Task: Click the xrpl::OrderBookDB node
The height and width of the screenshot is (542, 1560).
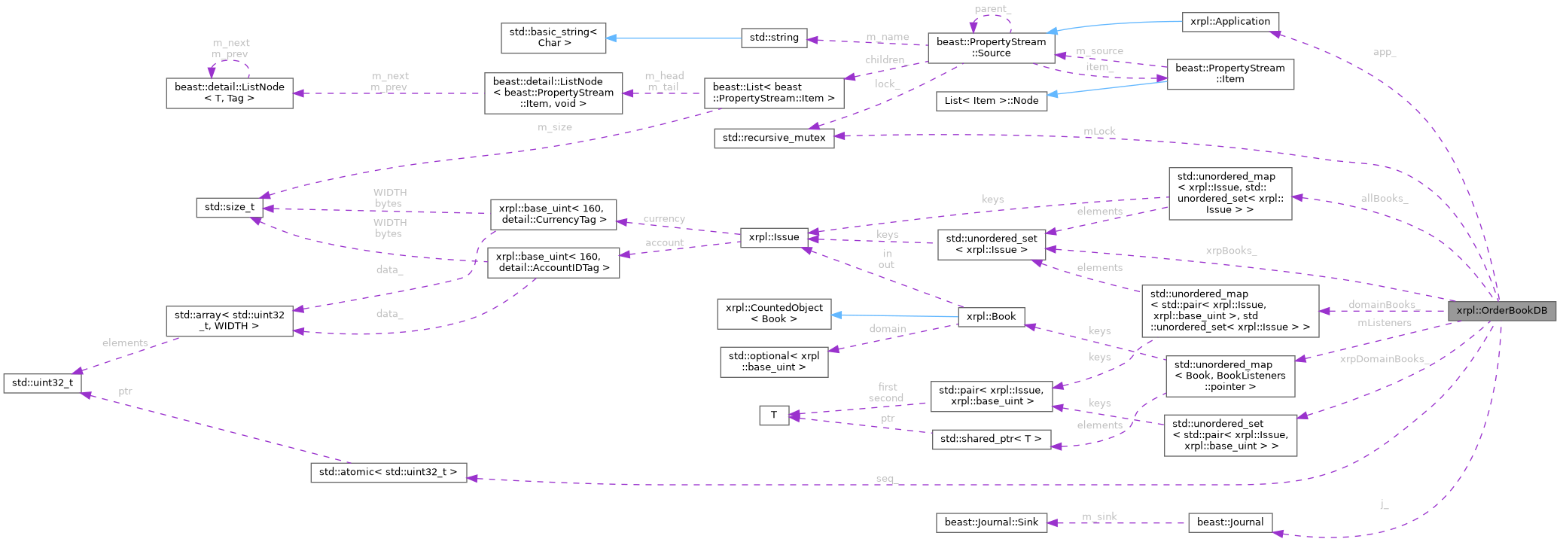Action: (1501, 310)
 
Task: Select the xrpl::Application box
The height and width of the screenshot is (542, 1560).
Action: (1229, 21)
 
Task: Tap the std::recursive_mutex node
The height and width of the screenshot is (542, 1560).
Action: (773, 138)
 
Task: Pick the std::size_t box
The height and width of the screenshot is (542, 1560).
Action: (230, 207)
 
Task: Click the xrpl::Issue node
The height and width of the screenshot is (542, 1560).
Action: (774, 237)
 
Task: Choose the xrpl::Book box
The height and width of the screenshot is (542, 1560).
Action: (991, 316)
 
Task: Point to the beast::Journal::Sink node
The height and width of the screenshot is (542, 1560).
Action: (991, 522)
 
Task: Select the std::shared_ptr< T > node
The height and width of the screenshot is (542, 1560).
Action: (991, 439)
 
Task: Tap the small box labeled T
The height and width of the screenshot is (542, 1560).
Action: (773, 415)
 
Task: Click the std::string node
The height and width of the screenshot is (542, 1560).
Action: (774, 38)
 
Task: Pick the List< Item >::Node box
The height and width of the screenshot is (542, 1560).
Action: (991, 100)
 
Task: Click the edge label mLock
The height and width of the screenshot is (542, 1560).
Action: (1098, 131)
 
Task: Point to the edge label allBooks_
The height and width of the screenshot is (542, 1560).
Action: (1384, 198)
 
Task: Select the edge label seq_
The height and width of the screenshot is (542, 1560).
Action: (886, 479)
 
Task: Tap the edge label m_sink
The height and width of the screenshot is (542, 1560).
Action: (1099, 516)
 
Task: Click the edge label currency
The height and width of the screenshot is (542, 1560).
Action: (663, 219)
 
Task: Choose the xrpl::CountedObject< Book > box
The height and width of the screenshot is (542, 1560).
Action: (773, 313)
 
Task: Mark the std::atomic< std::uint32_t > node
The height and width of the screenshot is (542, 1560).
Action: (388, 473)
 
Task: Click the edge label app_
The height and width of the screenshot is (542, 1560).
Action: (1384, 52)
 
